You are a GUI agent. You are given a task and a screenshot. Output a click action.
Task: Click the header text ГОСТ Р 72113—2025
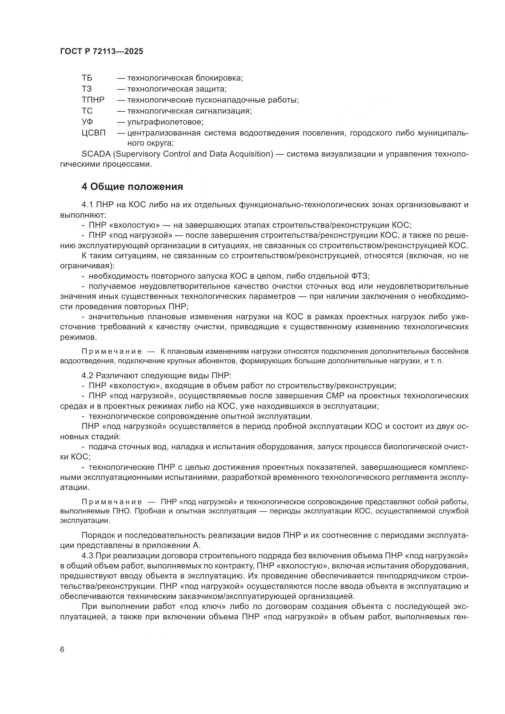coord(101,52)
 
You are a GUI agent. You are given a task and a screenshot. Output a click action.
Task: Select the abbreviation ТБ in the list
coord(87,78)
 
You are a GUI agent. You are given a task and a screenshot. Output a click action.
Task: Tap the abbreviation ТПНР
coord(93,100)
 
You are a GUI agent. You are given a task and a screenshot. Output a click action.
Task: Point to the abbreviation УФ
coord(87,121)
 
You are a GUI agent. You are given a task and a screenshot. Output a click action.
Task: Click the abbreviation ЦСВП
coord(94,133)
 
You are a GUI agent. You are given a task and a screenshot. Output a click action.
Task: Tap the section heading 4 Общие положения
coord(132,187)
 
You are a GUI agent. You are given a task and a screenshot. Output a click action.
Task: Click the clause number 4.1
coord(87,205)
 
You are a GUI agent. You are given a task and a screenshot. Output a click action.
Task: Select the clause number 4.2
coord(87,376)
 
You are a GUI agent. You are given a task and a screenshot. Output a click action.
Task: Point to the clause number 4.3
coord(87,556)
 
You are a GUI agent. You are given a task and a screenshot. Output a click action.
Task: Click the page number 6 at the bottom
coord(62,650)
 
